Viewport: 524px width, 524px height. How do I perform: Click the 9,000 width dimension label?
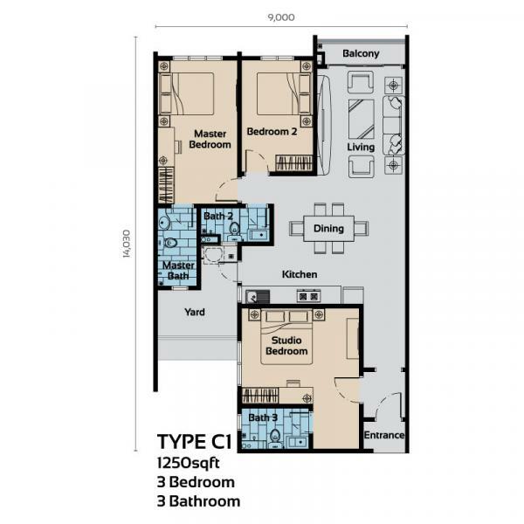282,15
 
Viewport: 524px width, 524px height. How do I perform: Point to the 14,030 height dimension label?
128,244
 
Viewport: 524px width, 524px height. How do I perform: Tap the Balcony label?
361,54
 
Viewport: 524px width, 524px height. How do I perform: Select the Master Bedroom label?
210,139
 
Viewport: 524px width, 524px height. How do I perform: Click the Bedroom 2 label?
272,132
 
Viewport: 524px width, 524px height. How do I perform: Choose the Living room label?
361,148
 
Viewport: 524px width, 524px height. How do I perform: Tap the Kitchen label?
299,275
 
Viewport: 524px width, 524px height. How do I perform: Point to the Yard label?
194,312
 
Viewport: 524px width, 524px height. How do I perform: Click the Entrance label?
384,435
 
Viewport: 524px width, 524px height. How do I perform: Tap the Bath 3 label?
263,418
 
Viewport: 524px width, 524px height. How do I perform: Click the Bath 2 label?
217,216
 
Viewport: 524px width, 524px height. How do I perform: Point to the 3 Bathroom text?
197,501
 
